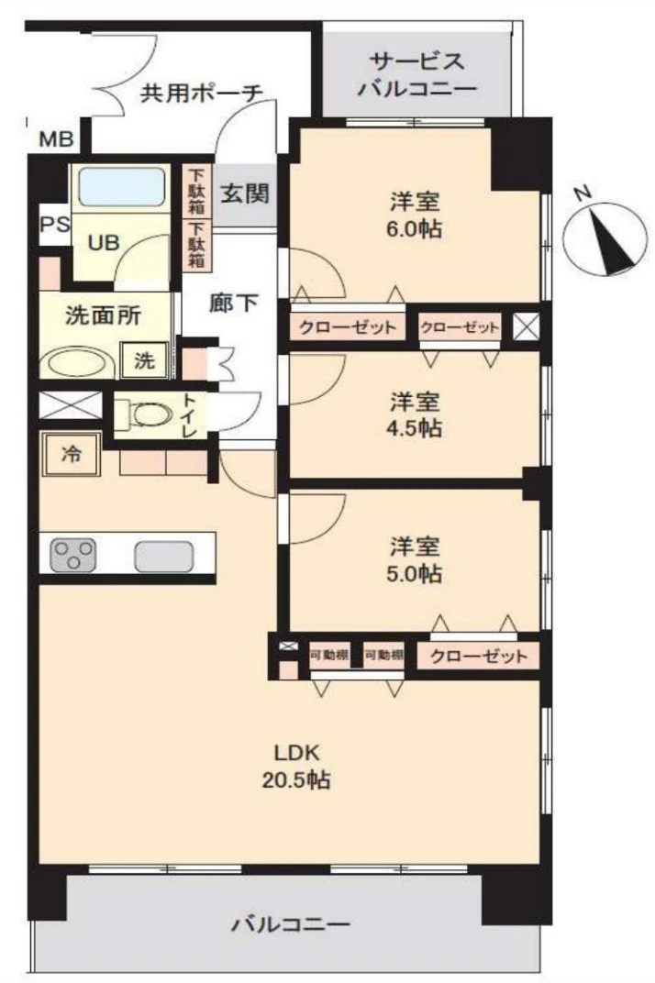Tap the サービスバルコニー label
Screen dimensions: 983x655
[416, 75]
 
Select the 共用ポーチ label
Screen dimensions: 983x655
[202, 93]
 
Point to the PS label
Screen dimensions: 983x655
[53, 226]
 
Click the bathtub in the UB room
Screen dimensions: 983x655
[122, 188]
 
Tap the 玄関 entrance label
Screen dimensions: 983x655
[244, 194]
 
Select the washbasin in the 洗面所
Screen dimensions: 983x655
[80, 361]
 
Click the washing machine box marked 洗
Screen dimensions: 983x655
[145, 360]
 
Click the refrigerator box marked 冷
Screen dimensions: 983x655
[70, 454]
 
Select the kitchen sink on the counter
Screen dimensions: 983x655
[164, 556]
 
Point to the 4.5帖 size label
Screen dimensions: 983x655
[416, 429]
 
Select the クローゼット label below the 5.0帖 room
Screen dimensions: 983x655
[478, 657]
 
